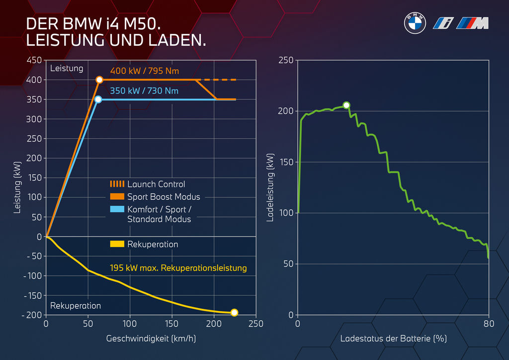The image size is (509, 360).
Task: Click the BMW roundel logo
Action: click(415, 23)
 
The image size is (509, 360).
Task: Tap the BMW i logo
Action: click(441, 23)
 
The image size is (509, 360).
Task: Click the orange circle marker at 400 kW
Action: click(99, 80)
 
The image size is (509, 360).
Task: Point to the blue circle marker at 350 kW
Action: click(98, 99)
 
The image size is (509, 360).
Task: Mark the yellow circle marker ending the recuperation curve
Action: click(234, 313)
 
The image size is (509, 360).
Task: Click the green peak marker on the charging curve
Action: click(346, 105)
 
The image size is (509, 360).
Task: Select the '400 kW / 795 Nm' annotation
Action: click(144, 71)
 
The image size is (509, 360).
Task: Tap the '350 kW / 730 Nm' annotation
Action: click(144, 91)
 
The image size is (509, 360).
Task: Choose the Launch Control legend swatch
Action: click(117, 184)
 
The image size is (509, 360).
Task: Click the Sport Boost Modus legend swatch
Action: click(117, 196)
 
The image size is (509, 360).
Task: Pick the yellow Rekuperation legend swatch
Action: click(117, 244)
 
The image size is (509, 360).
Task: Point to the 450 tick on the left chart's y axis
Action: click(34, 60)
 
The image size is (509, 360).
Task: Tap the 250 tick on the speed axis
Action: click(255, 324)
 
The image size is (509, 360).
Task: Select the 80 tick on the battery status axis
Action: click(489, 324)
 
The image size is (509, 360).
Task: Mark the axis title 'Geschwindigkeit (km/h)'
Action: click(151, 339)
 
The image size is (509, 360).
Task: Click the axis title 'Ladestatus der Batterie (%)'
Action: click(393, 339)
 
